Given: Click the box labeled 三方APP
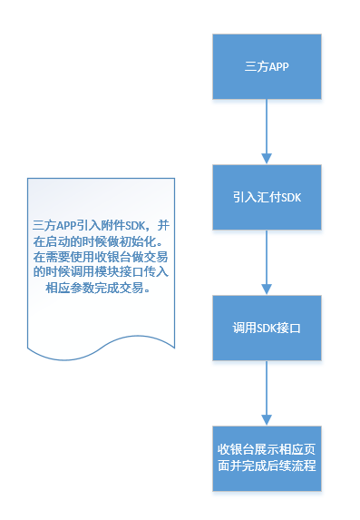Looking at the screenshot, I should pos(267,67).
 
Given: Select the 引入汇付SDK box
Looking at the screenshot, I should pos(267,197).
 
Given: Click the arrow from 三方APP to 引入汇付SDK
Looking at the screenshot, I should pos(267,127).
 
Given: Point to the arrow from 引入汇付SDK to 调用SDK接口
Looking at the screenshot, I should pos(267,259).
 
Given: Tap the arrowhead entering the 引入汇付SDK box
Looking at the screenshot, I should pos(267,158).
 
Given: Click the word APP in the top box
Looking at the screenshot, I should pos(277,67).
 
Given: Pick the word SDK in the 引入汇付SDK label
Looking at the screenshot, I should pos(290,197).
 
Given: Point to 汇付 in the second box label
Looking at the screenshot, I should pos(267,197).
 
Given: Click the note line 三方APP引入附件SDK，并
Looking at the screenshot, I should pos(100,224).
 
